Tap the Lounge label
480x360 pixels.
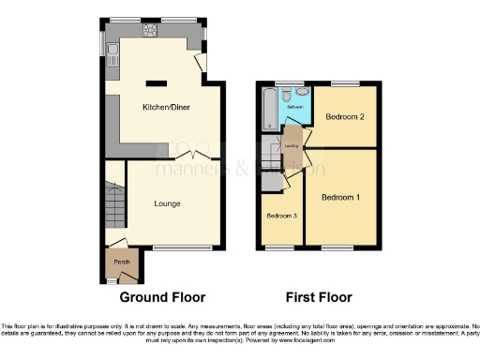click(x=168, y=203)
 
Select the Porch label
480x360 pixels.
click(x=121, y=262)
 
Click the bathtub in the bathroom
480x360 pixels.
click(x=270, y=110)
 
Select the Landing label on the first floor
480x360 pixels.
click(x=292, y=145)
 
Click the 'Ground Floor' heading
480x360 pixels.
click(x=162, y=297)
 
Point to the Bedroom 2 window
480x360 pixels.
click(x=345, y=85)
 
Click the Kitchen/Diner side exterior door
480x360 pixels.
click(x=202, y=62)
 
